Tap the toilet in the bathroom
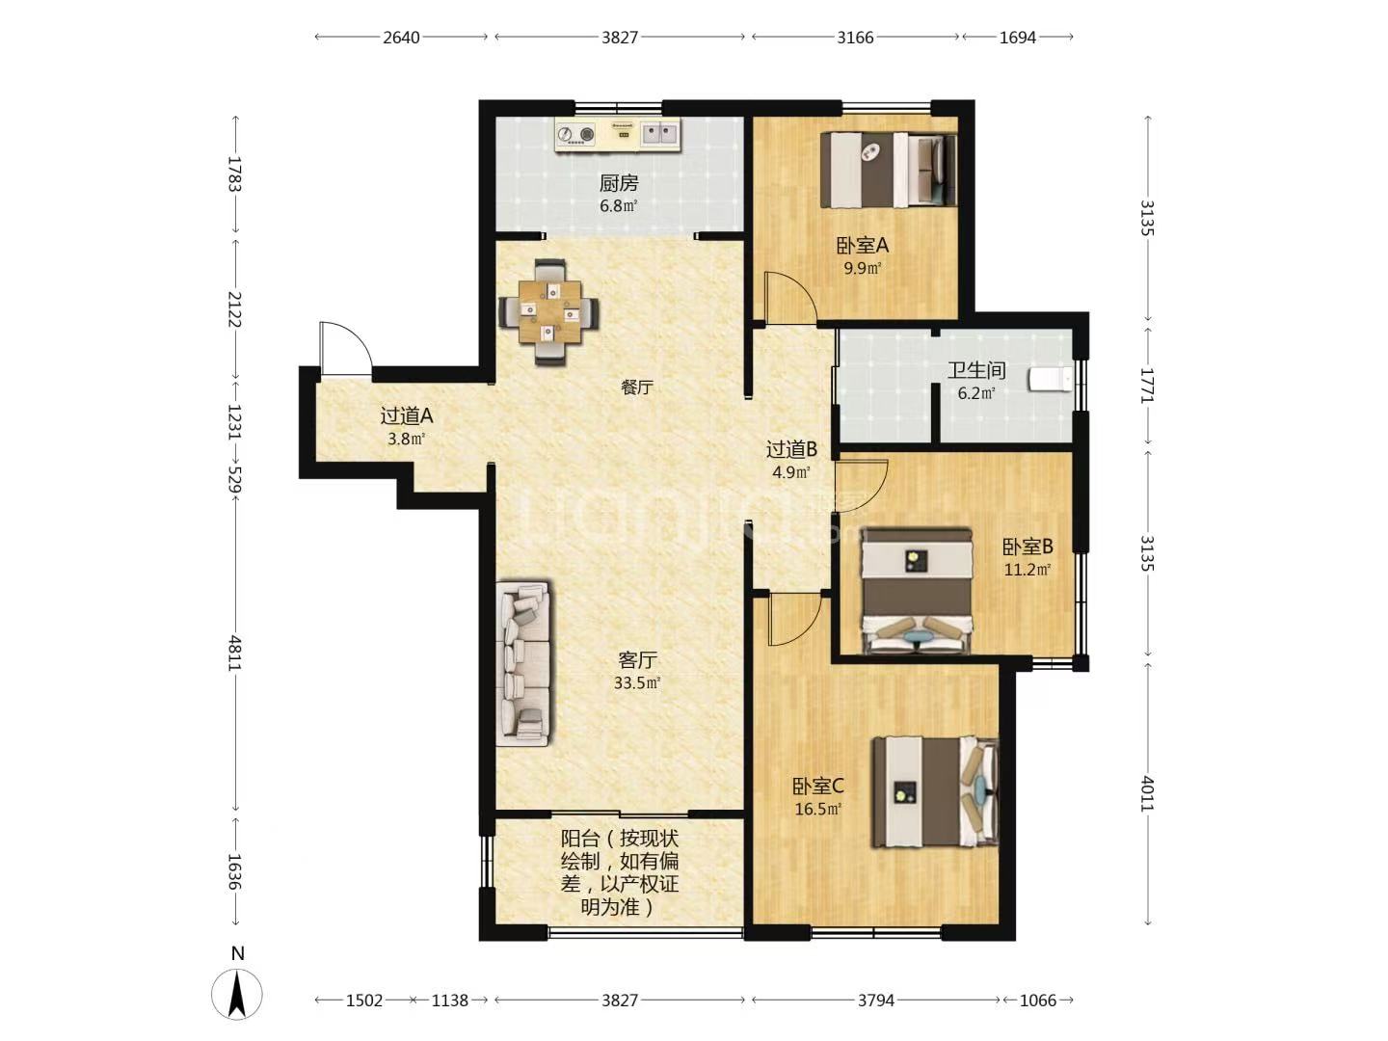coord(1051,379)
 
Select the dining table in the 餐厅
coord(549,311)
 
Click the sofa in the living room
coord(523,663)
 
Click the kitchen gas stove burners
coord(576,135)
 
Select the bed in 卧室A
coord(889,170)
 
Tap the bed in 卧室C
coord(935,792)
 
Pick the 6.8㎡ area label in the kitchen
coord(619,206)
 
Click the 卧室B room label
coord(1028,547)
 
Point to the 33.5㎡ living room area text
coord(637,682)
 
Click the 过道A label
coord(407,415)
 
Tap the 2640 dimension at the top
coord(402,38)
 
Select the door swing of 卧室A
coord(790,298)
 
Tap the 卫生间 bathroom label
coord(976,370)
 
